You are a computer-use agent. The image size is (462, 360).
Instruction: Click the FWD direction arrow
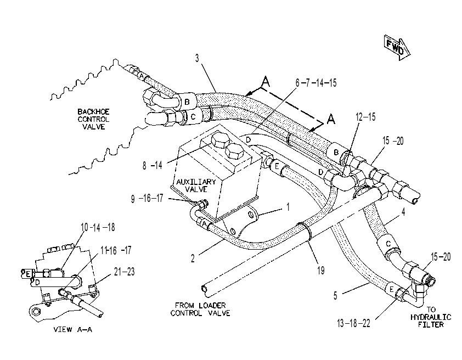(x=397, y=47)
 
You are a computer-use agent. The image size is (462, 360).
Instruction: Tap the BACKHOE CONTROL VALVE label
(x=93, y=119)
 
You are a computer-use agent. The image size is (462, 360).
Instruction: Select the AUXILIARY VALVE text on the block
(x=196, y=185)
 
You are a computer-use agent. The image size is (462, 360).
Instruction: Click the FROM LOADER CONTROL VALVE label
(x=200, y=309)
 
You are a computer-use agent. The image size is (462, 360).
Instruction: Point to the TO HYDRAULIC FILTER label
(x=431, y=317)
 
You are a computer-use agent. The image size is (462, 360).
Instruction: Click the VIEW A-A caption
(x=73, y=329)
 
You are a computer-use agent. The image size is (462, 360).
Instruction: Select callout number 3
(x=197, y=58)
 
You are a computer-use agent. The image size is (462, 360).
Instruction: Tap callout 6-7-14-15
(x=316, y=83)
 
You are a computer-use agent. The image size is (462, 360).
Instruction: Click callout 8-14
(x=153, y=165)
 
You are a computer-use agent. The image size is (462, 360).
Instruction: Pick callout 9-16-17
(x=147, y=199)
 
